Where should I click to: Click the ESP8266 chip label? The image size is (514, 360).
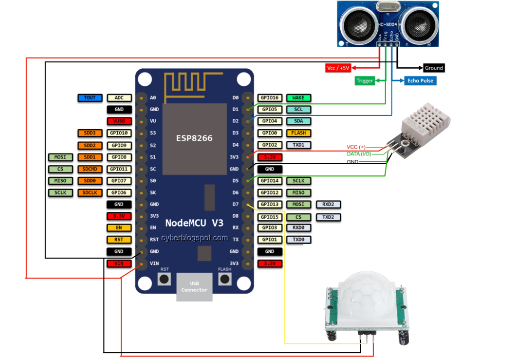pos(195,138)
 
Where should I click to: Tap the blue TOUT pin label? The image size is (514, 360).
pos(90,98)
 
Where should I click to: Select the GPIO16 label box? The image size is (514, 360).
pos(269,98)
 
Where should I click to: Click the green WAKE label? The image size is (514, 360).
pos(298,98)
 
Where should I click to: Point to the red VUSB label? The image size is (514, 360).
pos(119,121)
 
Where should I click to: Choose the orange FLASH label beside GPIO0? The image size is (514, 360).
pos(298,133)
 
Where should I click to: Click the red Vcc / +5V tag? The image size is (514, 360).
pos(338,68)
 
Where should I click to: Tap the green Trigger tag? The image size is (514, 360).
pos(364,81)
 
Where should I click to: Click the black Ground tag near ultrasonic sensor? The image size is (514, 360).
pos(433,68)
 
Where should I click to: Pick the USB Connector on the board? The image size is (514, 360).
pos(194,286)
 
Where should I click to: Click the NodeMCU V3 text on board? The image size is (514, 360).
pos(194,223)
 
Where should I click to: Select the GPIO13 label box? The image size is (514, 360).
pos(269,205)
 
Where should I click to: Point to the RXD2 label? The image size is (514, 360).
pos(328,205)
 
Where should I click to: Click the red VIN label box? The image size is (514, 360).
pos(119,264)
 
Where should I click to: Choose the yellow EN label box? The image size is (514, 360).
pos(119,228)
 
